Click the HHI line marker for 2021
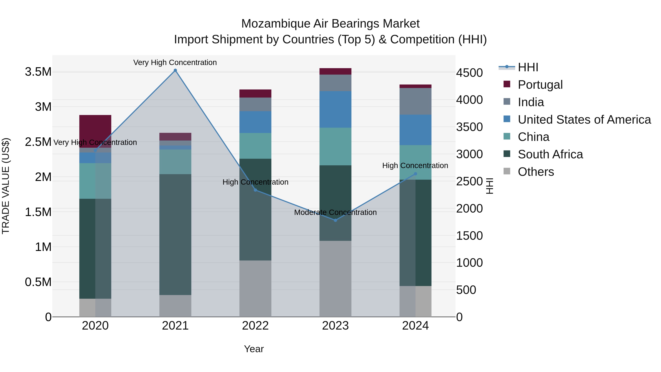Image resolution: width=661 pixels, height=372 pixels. (x=175, y=70)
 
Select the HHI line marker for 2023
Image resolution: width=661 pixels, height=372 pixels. (x=335, y=220)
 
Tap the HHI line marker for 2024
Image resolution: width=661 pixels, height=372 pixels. (x=416, y=174)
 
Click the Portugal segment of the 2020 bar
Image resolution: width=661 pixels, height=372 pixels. (x=95, y=131)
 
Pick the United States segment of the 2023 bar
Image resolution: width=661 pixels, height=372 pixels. (x=335, y=109)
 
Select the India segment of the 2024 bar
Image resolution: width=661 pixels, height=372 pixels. (x=416, y=101)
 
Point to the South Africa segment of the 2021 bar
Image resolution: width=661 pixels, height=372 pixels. (x=175, y=234)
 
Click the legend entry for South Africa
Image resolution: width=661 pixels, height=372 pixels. (x=550, y=154)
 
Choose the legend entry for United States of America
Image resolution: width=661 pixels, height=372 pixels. (x=584, y=120)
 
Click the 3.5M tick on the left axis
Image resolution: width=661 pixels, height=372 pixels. (x=38, y=72)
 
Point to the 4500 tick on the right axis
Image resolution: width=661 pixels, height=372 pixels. (x=469, y=73)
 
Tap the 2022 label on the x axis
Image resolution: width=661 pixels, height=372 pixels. (x=255, y=326)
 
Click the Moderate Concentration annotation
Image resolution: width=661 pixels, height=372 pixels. (x=335, y=212)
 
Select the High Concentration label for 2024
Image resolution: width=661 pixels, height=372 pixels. (x=415, y=166)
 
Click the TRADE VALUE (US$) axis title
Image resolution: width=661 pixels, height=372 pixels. (x=6, y=186)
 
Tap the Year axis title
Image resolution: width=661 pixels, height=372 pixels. (x=254, y=349)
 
